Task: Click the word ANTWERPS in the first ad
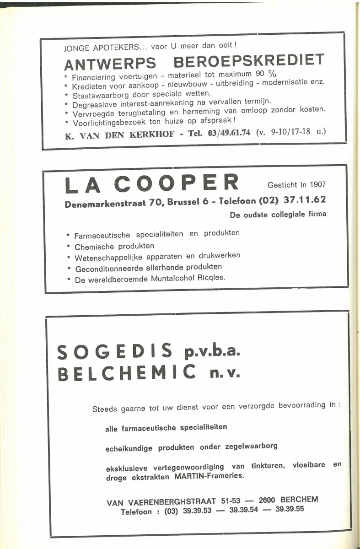click(110, 63)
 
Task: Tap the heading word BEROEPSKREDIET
click(249, 60)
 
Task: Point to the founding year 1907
click(317, 184)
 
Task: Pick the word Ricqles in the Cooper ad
click(212, 277)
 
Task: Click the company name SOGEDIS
click(115, 352)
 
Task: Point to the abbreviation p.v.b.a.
click(212, 352)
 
